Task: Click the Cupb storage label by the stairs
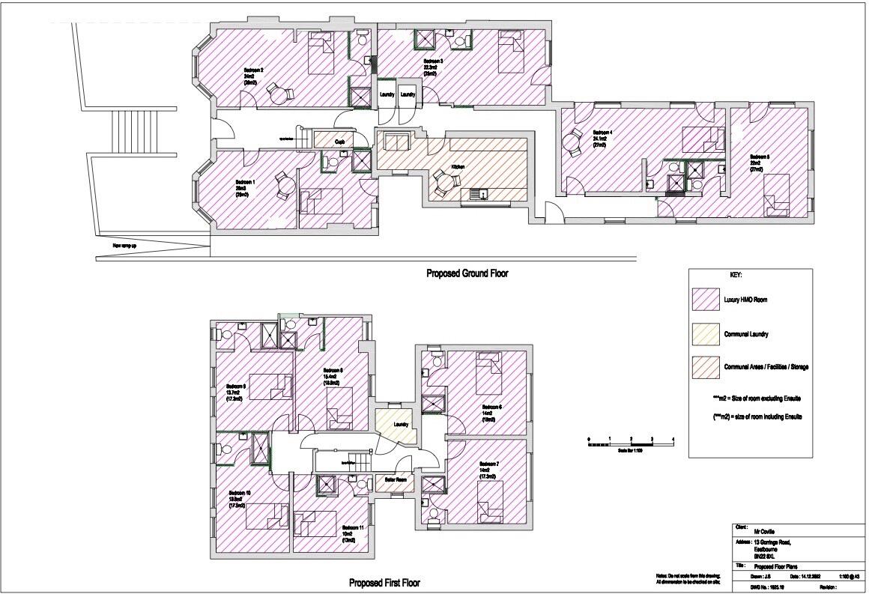(x=339, y=141)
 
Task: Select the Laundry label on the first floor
(x=401, y=425)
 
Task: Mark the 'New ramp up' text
(x=124, y=245)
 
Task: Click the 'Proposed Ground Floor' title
(x=467, y=274)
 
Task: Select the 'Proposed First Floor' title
(x=385, y=582)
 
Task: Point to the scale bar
(x=631, y=445)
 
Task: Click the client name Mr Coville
(x=764, y=531)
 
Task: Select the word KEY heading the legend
(x=735, y=275)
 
